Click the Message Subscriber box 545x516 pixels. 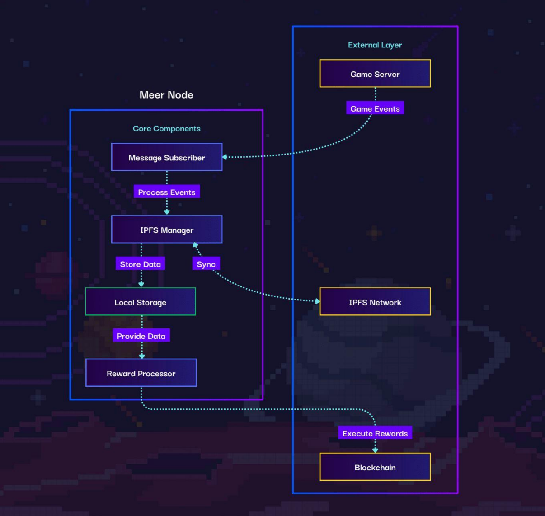(x=167, y=157)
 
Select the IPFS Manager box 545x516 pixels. (x=167, y=230)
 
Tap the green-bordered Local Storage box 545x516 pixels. (x=141, y=302)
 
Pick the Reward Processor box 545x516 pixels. (x=141, y=373)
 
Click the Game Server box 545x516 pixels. (x=375, y=74)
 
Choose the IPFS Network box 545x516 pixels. (x=375, y=302)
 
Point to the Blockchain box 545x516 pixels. (x=375, y=467)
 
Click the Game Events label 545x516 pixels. (x=375, y=108)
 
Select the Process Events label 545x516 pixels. (x=167, y=192)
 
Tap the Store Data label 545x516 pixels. (x=141, y=264)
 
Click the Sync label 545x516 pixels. (x=206, y=264)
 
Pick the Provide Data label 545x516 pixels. (x=141, y=336)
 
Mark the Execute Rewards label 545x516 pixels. (x=375, y=433)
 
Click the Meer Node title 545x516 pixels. (x=166, y=95)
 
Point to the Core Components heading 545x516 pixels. (x=167, y=129)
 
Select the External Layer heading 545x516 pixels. (x=375, y=45)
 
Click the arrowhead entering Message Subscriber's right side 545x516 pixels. (x=225, y=157)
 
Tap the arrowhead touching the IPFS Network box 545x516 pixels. (x=317, y=301)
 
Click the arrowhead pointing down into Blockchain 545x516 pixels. (x=375, y=450)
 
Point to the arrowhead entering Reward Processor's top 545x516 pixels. (x=142, y=357)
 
